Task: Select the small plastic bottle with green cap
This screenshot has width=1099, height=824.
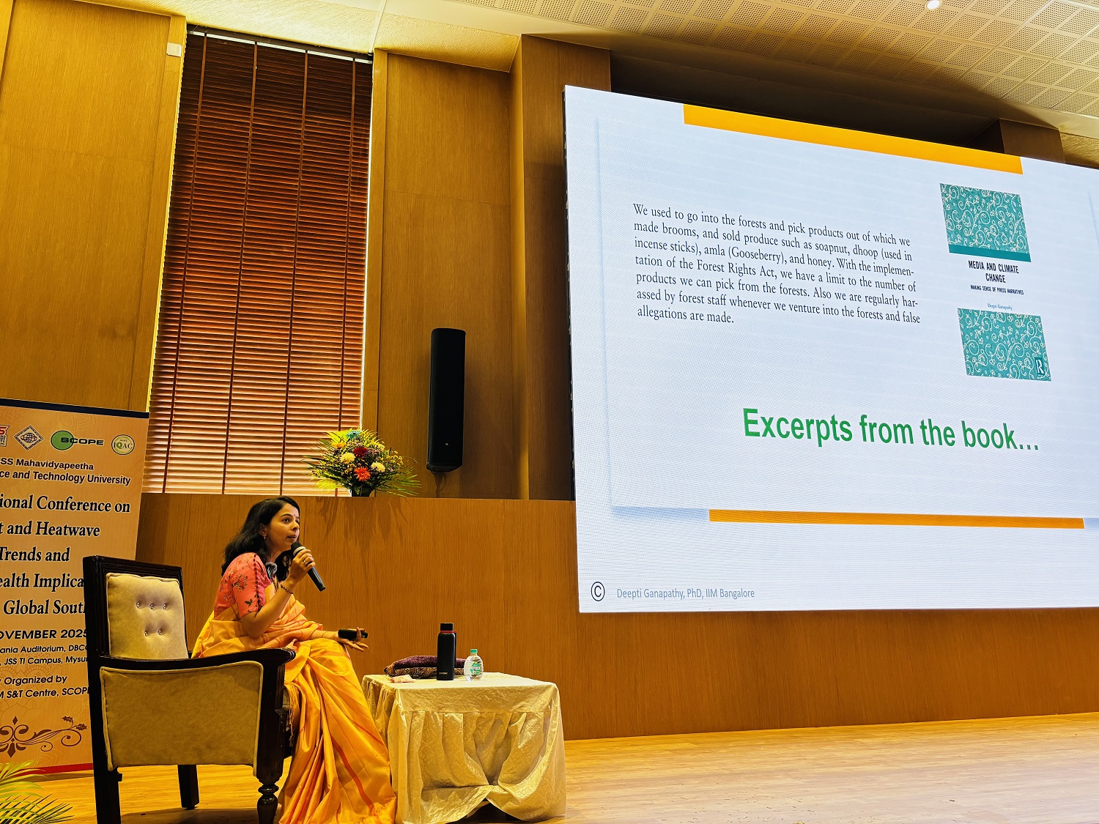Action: [473, 664]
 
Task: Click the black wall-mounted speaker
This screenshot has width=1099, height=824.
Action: [446, 399]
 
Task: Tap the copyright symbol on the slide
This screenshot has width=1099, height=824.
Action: [598, 592]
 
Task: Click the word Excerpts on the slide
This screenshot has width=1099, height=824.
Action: [797, 426]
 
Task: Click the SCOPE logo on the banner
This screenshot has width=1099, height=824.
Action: [77, 440]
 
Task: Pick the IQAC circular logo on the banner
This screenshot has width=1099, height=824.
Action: [122, 444]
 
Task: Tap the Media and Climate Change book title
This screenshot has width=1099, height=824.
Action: [993, 272]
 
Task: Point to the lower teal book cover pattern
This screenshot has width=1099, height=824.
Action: [1004, 344]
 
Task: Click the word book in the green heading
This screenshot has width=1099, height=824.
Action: [989, 436]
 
